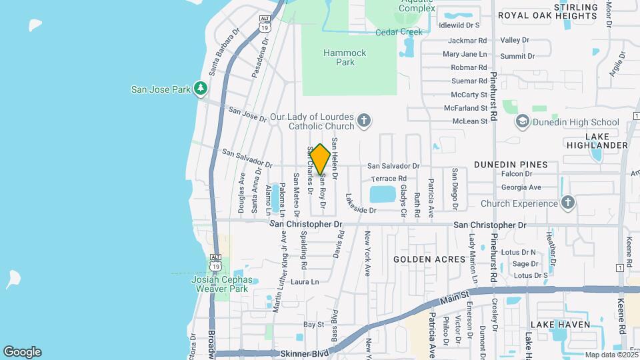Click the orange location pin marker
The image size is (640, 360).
[x=320, y=159]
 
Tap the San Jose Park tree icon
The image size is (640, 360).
[x=201, y=89]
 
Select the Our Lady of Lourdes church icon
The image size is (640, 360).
[x=363, y=121]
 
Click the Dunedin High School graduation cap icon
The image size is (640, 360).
[x=523, y=122]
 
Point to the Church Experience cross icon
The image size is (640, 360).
[x=567, y=203]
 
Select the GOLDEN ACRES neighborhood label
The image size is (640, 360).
[x=429, y=259]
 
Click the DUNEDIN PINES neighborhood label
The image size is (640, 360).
[x=511, y=164]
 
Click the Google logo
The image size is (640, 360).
[x=22, y=352]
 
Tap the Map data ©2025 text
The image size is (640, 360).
[x=610, y=355]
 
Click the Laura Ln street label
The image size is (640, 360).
[x=305, y=282]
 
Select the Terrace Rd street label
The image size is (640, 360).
[x=389, y=179]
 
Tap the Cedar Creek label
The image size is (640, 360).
[x=399, y=31]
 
